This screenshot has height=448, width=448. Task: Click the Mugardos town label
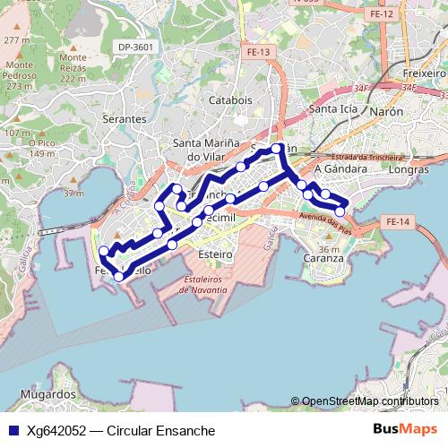click(x=48, y=394)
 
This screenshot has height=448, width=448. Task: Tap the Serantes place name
click(x=125, y=118)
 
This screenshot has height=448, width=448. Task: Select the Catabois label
click(x=230, y=100)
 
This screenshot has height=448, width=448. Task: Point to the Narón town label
click(x=385, y=111)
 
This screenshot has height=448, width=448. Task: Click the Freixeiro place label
click(x=424, y=72)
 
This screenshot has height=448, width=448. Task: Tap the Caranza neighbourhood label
click(x=323, y=258)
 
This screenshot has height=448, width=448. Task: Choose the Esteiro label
click(x=214, y=255)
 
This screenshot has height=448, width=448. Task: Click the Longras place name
click(x=410, y=168)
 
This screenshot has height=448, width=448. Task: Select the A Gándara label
click(x=340, y=168)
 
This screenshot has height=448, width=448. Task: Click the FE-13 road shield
click(x=258, y=53)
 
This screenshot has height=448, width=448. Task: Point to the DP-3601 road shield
click(x=136, y=47)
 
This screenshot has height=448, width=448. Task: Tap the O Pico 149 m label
click(x=42, y=148)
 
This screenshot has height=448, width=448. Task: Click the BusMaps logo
click(x=405, y=429)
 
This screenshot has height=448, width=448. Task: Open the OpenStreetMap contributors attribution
click(x=369, y=401)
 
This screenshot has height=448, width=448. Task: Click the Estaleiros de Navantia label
click(x=209, y=285)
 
